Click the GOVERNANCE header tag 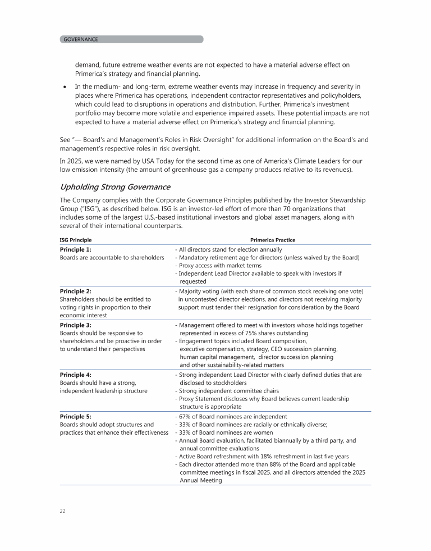point(81,39)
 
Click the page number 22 point(63,511)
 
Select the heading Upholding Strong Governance point(115,187)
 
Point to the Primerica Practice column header point(273,240)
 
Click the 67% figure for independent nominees point(186,417)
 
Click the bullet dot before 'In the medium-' point(66,86)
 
